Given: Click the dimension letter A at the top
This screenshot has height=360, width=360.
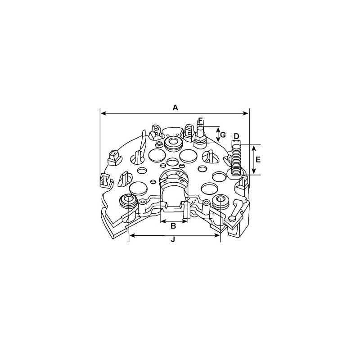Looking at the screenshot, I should click(x=175, y=108).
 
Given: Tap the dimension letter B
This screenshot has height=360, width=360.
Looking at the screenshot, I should click(x=173, y=226).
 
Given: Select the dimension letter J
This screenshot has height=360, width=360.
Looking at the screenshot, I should click(x=174, y=241).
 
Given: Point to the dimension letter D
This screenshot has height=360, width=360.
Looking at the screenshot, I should click(x=236, y=136).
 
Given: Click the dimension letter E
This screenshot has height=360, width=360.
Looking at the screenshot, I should click(x=258, y=160).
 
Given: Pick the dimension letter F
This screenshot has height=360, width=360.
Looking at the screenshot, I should click(x=201, y=120).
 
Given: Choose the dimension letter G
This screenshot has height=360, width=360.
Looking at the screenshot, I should click(x=222, y=134).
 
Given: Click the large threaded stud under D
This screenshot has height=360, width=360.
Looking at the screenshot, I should click(x=236, y=160).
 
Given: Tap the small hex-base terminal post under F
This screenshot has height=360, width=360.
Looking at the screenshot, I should click(x=201, y=137).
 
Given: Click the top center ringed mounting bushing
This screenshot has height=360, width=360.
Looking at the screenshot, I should click(x=173, y=144).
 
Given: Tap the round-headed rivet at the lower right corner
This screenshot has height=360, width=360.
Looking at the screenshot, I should click(x=232, y=220).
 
